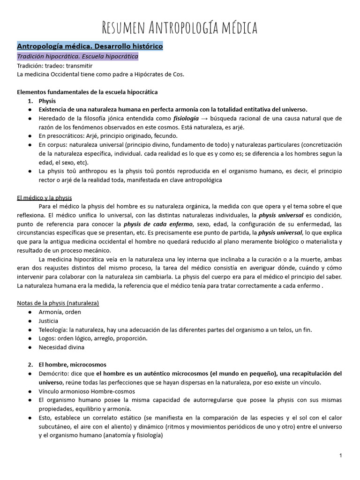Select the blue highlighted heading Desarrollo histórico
coord(90,47)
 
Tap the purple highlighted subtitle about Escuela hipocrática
coord(78,57)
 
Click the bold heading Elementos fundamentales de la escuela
coord(87,92)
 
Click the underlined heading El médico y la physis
coord(44,197)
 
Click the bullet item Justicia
coord(49,321)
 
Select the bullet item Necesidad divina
coord(61,347)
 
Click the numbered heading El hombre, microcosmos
coord(72,365)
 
